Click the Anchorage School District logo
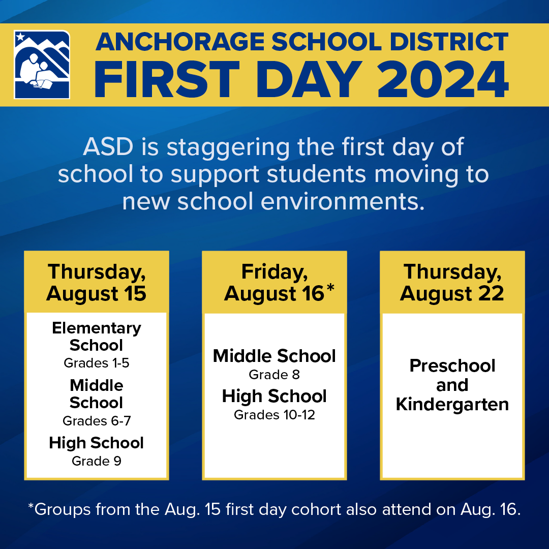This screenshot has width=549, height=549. (x=42, y=65)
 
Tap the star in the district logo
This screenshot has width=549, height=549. (x=20, y=37)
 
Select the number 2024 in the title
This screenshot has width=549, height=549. (x=443, y=80)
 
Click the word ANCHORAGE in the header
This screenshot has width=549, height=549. (x=180, y=42)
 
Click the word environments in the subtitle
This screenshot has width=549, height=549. (x=343, y=202)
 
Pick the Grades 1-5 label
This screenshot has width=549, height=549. (x=96, y=363)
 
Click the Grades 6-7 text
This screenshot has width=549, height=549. (x=96, y=420)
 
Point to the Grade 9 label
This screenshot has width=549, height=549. (x=96, y=461)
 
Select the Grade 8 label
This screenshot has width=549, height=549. (x=274, y=375)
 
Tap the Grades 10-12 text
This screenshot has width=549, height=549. (x=274, y=415)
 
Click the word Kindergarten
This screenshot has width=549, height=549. (x=452, y=405)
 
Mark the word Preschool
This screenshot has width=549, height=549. (x=452, y=366)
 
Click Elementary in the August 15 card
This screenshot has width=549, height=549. (x=96, y=328)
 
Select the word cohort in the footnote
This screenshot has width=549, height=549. (x=316, y=509)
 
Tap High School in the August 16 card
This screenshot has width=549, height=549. (x=274, y=396)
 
